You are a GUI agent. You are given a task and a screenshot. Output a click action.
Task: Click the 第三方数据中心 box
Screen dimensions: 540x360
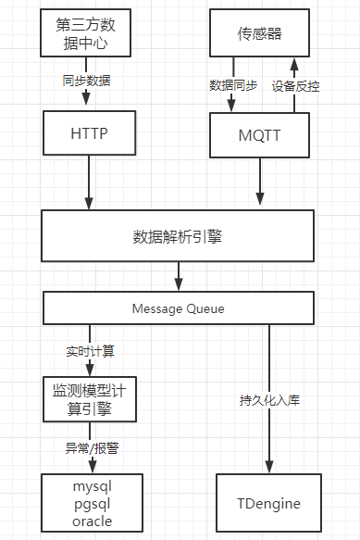[x=90, y=33]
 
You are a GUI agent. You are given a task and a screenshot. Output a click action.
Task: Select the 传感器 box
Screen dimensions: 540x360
[x=261, y=34]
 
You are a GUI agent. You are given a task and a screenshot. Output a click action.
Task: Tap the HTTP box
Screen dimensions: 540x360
[x=90, y=132]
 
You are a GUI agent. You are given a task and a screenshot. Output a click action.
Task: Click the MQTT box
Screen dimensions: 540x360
[x=261, y=135]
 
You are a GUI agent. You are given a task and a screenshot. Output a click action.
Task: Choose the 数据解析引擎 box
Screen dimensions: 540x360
[x=178, y=235]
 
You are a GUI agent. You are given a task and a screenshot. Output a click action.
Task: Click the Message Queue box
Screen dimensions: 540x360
[x=178, y=308]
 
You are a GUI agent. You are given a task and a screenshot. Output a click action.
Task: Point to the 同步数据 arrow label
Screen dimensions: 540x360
[x=90, y=82]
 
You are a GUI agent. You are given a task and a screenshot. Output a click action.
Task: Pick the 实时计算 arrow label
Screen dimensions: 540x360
[x=90, y=352]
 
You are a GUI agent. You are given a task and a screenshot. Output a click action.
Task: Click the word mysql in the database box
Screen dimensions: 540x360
[x=91, y=486]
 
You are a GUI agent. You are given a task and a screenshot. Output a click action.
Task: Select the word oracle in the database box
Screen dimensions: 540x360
[x=91, y=521]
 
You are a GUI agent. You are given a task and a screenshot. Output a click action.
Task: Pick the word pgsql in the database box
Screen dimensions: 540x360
[x=91, y=504]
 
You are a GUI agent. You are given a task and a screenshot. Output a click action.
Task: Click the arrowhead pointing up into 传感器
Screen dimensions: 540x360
[x=294, y=65]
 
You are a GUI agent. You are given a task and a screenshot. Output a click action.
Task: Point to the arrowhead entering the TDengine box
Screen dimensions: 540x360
[x=269, y=468]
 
